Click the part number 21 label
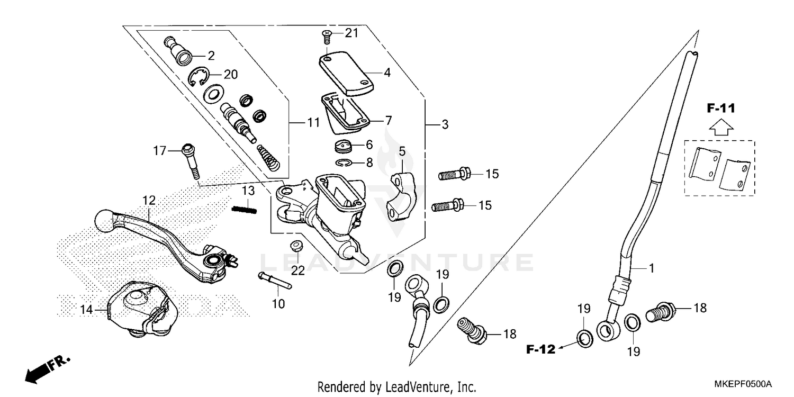[x=351, y=33]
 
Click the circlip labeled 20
[x=198, y=78]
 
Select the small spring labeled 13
[x=244, y=210]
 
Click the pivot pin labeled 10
[x=275, y=281]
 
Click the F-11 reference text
[x=720, y=109]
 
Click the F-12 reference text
[x=540, y=349]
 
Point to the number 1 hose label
[x=652, y=268]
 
